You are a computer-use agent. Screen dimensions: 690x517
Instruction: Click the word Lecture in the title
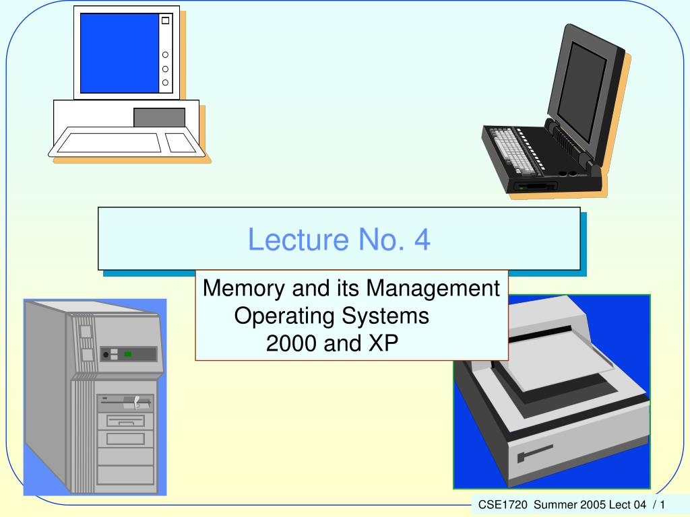(x=299, y=240)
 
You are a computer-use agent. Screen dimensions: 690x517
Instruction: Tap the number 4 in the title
(x=422, y=240)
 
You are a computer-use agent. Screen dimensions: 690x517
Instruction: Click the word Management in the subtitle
(x=433, y=289)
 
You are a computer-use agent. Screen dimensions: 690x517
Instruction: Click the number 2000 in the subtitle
(x=291, y=343)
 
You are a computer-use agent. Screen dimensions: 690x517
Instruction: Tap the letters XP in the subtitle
(x=383, y=343)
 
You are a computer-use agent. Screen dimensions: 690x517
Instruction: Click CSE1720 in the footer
(x=503, y=505)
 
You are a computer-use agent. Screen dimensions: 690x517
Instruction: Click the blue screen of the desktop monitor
(x=119, y=53)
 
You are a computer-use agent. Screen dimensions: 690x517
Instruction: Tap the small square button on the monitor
(x=166, y=21)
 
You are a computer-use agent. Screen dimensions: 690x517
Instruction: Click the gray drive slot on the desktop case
(x=159, y=117)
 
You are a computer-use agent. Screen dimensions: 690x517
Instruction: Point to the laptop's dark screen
(x=582, y=92)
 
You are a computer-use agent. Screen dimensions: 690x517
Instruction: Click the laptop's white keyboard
(x=513, y=149)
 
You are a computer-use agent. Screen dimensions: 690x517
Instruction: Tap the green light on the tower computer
(x=127, y=354)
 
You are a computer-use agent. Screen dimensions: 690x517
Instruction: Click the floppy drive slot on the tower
(x=125, y=403)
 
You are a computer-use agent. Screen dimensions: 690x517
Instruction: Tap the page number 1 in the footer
(x=662, y=505)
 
